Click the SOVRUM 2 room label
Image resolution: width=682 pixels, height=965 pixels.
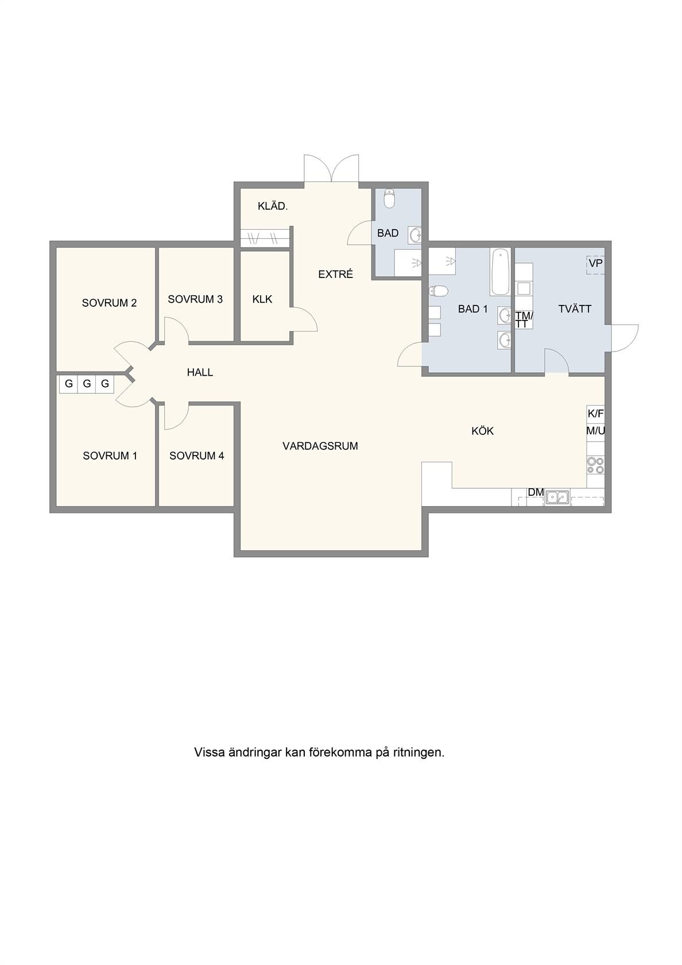pyautogui.click(x=109, y=303)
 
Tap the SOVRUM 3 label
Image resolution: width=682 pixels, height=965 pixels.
pyautogui.click(x=195, y=299)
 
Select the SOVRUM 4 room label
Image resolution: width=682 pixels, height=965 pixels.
pyautogui.click(x=197, y=456)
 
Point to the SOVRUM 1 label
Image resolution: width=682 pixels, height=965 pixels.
pyautogui.click(x=110, y=456)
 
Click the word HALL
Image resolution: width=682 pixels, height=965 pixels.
pyautogui.click(x=200, y=372)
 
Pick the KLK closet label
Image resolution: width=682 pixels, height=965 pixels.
pyautogui.click(x=262, y=299)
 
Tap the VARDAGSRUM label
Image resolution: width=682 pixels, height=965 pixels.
pyautogui.click(x=320, y=446)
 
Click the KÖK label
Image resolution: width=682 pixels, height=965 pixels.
pyautogui.click(x=482, y=431)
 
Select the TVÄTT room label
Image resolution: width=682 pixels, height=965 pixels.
pyautogui.click(x=575, y=308)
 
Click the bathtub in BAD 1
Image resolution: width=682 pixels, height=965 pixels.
pyautogui.click(x=501, y=272)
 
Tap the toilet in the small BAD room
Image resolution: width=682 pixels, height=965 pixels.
pyautogui.click(x=390, y=198)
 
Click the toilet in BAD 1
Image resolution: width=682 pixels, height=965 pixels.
pyautogui.click(x=439, y=292)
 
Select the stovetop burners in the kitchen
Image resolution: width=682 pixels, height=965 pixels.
pyautogui.click(x=595, y=466)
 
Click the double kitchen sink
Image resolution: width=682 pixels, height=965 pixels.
pyautogui.click(x=557, y=497)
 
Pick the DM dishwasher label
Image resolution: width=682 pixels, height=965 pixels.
pyautogui.click(x=536, y=492)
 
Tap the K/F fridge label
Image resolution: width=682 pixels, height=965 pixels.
pyautogui.click(x=596, y=414)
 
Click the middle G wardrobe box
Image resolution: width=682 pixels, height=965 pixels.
pyautogui.click(x=87, y=383)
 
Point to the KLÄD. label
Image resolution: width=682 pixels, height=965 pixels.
pyautogui.click(x=273, y=206)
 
